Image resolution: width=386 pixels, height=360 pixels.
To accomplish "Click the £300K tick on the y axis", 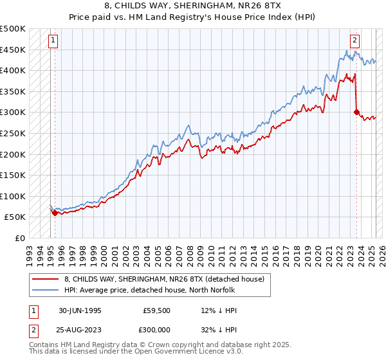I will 14,113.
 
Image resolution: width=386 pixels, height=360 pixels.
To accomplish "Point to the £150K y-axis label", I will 14,175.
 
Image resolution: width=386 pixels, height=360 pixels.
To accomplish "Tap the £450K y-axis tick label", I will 14,50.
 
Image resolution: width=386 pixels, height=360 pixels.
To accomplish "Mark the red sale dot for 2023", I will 356,113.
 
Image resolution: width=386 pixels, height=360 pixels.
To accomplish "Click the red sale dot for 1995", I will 55,213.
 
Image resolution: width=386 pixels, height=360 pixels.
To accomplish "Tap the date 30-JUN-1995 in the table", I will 80,310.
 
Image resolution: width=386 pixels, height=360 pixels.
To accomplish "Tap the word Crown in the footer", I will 167,345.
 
